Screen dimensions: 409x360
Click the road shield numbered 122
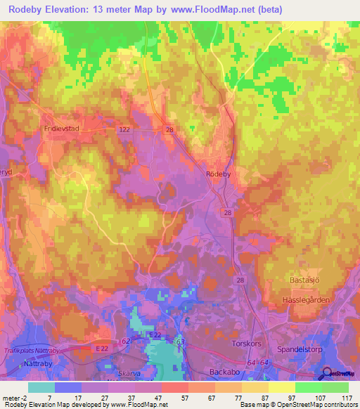click(124, 130)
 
